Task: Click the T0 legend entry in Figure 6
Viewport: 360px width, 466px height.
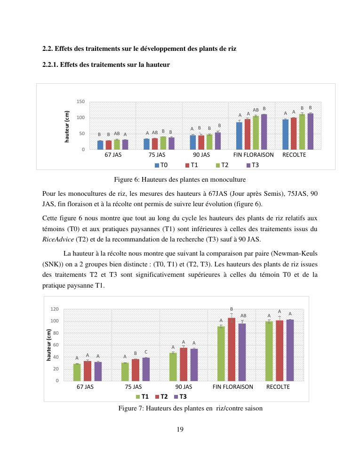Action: (161, 165)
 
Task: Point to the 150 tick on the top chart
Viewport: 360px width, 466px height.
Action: (80, 102)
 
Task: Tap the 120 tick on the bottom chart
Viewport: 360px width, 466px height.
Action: (55, 309)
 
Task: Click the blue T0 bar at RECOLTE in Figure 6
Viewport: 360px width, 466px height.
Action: (285, 134)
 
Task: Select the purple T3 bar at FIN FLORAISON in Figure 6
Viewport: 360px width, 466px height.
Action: (264, 131)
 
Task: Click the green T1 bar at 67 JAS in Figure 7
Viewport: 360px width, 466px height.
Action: (77, 372)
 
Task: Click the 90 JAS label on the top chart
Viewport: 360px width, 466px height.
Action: (201, 155)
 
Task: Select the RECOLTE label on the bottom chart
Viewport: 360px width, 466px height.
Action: (278, 387)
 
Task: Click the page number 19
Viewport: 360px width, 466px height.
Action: (180, 428)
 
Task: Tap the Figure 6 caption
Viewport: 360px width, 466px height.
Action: (180, 179)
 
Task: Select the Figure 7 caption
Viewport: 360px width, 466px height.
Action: (190, 409)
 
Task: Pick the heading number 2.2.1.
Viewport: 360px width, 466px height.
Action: (50, 65)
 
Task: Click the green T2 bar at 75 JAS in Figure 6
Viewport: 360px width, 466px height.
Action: (163, 143)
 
